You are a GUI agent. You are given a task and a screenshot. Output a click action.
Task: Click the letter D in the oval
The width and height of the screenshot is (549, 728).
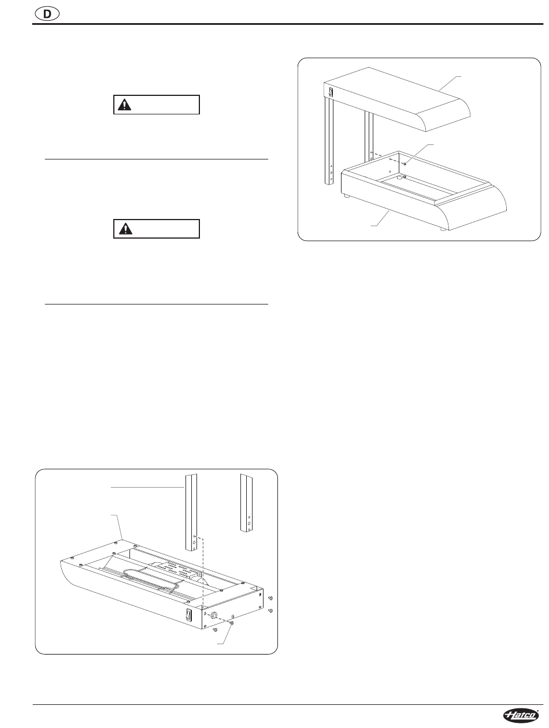coord(47,14)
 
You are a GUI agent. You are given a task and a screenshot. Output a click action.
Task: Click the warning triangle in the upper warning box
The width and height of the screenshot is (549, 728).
coord(124,105)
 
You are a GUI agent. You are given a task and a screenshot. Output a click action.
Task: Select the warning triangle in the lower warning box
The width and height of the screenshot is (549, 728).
coord(125,229)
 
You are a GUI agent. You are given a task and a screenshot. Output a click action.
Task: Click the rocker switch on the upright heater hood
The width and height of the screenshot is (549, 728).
coord(331,92)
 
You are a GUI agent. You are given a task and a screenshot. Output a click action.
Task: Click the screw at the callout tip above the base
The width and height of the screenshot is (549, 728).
coord(405,164)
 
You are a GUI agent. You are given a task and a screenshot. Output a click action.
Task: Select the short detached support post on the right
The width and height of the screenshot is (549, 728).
coord(246,503)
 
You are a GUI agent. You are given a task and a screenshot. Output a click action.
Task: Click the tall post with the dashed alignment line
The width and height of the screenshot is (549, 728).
coord(191,513)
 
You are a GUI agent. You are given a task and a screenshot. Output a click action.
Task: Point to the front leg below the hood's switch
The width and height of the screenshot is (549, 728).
coord(329,141)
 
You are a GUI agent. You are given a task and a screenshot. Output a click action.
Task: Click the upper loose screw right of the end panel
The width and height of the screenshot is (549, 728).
coord(270,598)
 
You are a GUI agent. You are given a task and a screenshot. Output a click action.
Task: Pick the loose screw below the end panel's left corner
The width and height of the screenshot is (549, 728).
coord(214,629)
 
